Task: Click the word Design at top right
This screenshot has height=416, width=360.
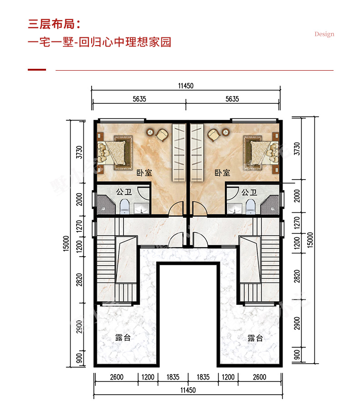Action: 324,34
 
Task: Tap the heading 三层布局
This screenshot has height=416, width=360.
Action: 51,24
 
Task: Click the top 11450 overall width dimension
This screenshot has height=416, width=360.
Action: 186,86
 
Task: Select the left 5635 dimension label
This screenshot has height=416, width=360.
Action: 139,99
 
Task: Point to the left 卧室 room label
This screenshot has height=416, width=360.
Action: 144,173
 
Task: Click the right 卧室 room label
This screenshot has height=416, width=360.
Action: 222,173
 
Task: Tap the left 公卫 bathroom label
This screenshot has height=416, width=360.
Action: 123,191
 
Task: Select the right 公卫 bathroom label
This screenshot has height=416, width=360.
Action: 249,192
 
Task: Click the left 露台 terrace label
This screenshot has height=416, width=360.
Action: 123,338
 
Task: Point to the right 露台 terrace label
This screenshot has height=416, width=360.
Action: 255,338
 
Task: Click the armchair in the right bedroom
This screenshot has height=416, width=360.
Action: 214,135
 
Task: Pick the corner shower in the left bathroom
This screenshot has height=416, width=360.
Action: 106,205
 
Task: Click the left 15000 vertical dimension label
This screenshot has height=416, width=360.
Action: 66,243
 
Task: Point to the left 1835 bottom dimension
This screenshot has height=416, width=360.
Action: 173,377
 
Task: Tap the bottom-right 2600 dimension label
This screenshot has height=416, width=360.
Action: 259,377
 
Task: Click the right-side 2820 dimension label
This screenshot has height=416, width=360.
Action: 297,276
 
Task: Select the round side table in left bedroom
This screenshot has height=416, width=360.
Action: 150,132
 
